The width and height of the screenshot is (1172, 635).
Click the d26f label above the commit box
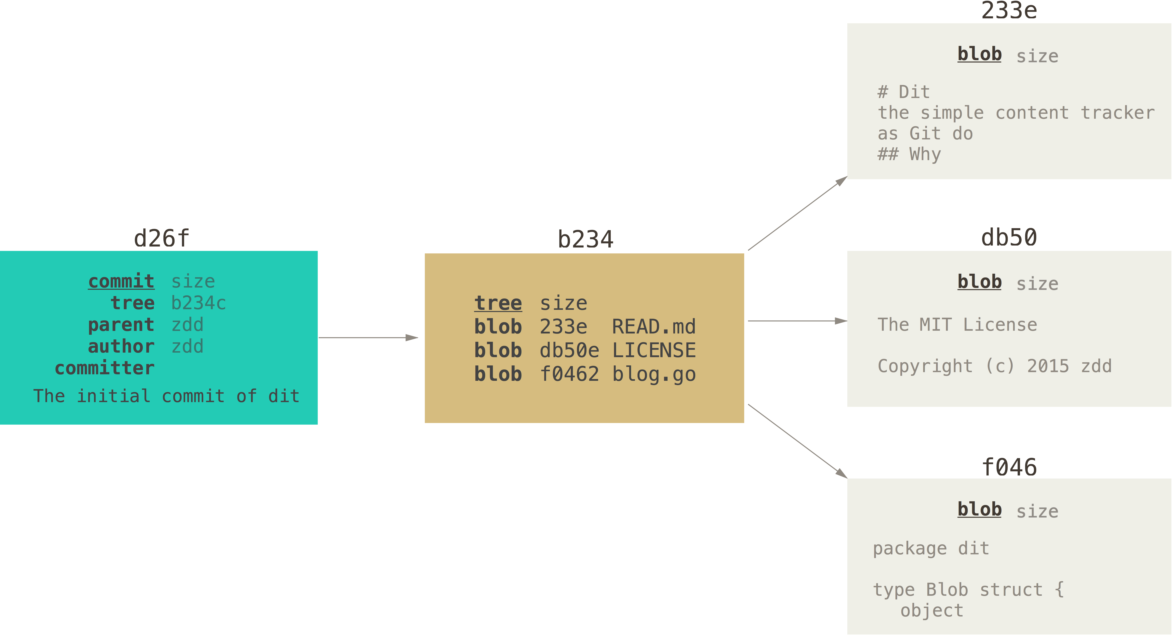click(x=161, y=238)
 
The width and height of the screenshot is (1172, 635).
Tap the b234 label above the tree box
click(x=586, y=239)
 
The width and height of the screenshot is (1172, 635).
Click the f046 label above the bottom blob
click(x=1009, y=467)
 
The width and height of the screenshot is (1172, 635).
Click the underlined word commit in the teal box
click(x=121, y=281)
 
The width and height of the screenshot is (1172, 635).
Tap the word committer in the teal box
click(x=105, y=368)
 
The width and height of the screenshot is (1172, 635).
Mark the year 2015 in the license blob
click(x=1048, y=366)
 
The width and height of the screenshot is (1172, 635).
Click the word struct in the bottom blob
click(x=1011, y=590)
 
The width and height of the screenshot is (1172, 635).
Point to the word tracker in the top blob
click(x=1117, y=113)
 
